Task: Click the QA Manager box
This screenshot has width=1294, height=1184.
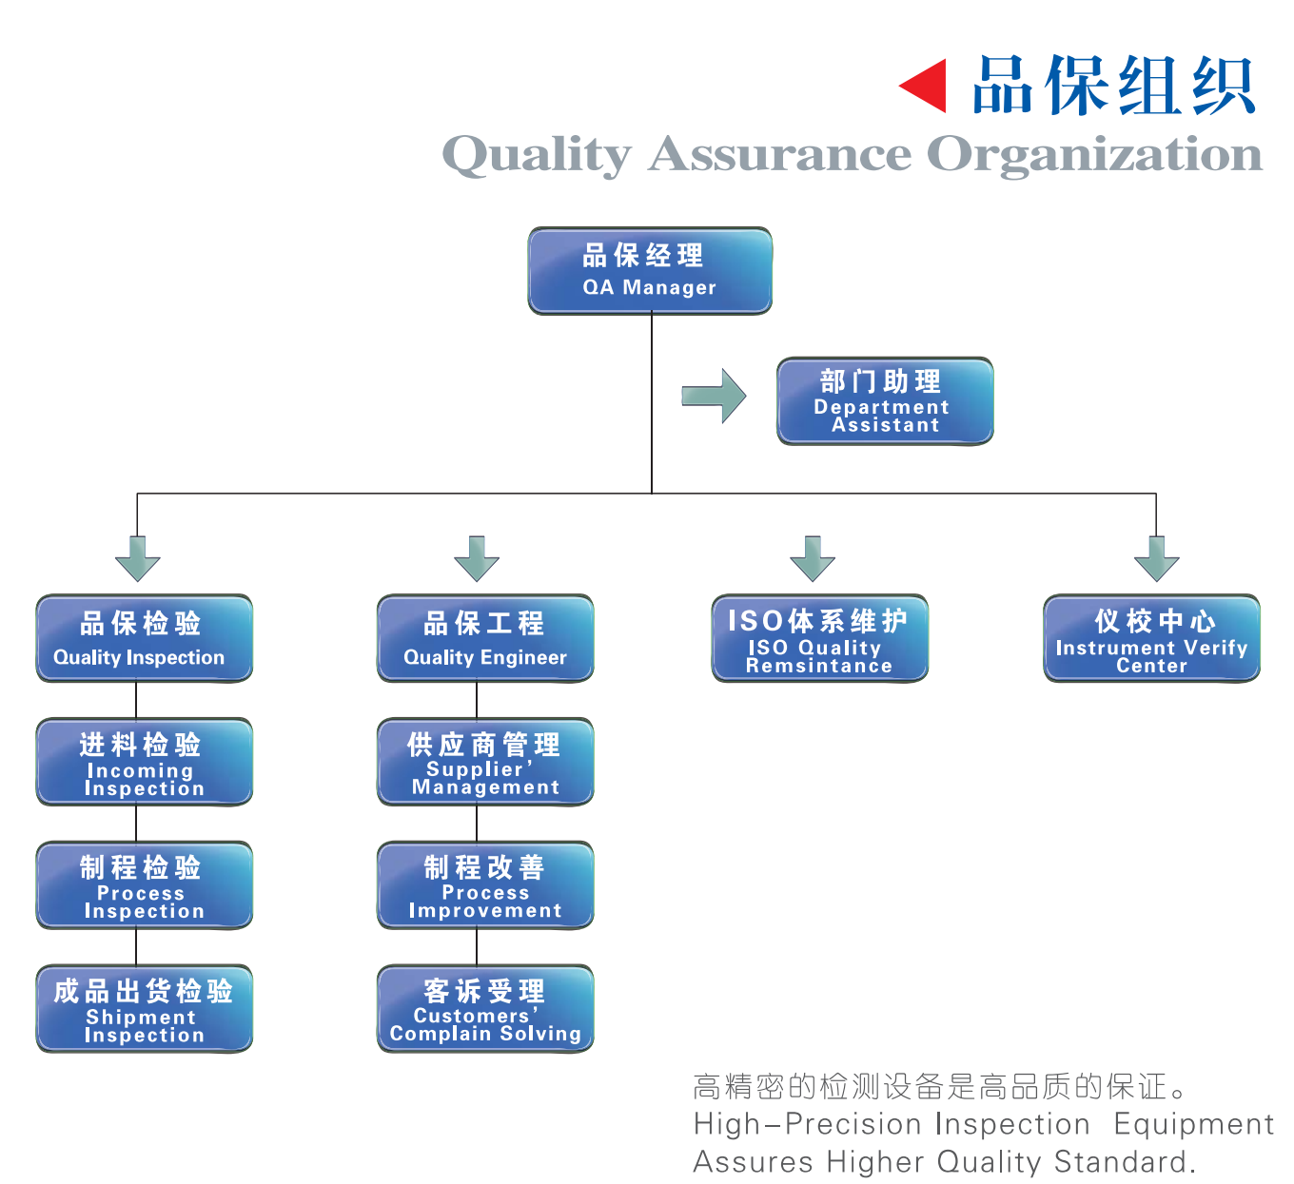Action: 650,271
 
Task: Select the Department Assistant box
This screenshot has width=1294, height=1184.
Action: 885,401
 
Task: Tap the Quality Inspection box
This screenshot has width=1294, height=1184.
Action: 145,638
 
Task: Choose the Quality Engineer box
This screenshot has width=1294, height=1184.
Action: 485,638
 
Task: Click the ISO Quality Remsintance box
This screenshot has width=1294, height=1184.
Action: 819,638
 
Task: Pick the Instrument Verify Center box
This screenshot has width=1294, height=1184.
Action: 1151,638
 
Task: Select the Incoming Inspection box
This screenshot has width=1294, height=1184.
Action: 145,762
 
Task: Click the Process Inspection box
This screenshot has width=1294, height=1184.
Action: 145,885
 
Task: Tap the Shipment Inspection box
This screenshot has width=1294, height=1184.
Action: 145,1009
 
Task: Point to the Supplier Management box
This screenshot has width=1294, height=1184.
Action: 485,762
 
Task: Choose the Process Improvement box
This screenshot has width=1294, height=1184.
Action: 485,885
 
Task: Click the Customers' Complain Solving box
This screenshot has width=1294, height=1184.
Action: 485,1009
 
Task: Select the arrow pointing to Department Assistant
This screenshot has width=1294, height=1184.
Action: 716,396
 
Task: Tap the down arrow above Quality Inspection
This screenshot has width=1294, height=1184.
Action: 138,558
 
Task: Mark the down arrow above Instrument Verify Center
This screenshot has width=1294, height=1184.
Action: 1156,558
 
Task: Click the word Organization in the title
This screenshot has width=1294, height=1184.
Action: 1094,155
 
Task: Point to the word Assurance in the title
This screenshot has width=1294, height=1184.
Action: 779,153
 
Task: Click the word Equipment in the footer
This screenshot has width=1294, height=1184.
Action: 1193,1124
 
